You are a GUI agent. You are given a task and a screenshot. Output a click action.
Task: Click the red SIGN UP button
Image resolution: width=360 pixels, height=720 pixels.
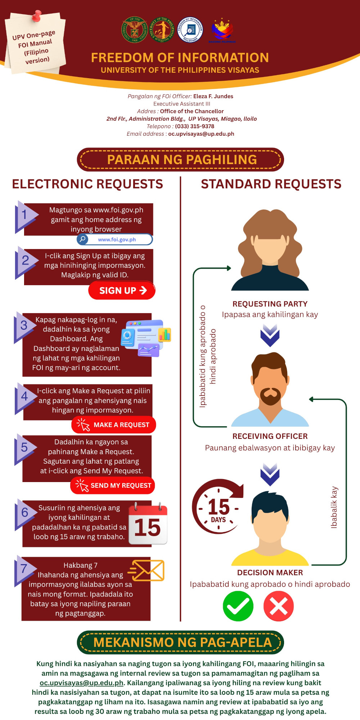click(x=122, y=290)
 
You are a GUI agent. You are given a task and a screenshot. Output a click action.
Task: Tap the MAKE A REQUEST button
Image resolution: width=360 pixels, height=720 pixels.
click(x=114, y=425)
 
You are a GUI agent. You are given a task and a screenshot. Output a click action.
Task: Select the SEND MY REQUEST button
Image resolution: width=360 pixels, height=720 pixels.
click(x=113, y=485)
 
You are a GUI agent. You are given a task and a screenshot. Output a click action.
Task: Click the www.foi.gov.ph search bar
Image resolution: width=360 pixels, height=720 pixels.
click(x=115, y=239)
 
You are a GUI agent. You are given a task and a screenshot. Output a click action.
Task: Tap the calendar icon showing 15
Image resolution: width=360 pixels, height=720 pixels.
click(x=148, y=523)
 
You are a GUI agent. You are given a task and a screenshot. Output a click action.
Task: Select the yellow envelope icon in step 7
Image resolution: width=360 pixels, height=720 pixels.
click(x=147, y=570)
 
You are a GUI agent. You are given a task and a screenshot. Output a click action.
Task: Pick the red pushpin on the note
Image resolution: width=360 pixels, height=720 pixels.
click(x=36, y=15)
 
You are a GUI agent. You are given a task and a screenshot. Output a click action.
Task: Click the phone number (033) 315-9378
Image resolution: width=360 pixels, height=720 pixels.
click(x=194, y=126)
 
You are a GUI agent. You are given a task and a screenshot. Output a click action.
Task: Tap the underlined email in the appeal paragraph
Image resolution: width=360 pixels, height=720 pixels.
click(x=81, y=683)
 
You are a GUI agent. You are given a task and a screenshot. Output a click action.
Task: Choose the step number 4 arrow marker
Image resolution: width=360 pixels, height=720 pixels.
click(x=25, y=397)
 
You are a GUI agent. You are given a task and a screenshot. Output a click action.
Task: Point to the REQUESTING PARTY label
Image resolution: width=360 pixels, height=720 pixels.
click(x=270, y=304)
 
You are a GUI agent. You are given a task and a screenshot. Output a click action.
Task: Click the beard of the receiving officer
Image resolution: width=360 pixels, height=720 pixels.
click(x=270, y=396)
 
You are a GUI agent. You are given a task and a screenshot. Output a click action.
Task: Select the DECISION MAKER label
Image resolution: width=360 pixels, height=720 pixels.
click(x=270, y=572)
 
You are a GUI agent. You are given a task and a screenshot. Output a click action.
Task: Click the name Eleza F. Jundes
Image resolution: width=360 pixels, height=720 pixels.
click(x=213, y=96)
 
